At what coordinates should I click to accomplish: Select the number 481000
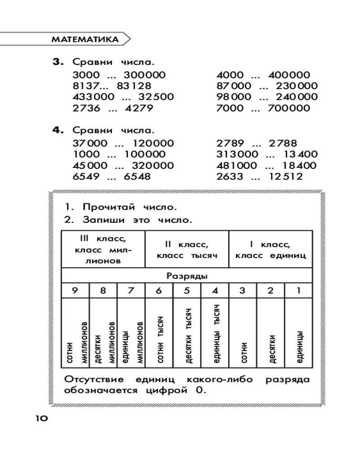click(237, 166)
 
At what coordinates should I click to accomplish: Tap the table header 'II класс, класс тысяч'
click(187, 250)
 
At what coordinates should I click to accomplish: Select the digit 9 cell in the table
click(75, 291)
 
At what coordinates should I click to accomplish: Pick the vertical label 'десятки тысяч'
click(186, 336)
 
